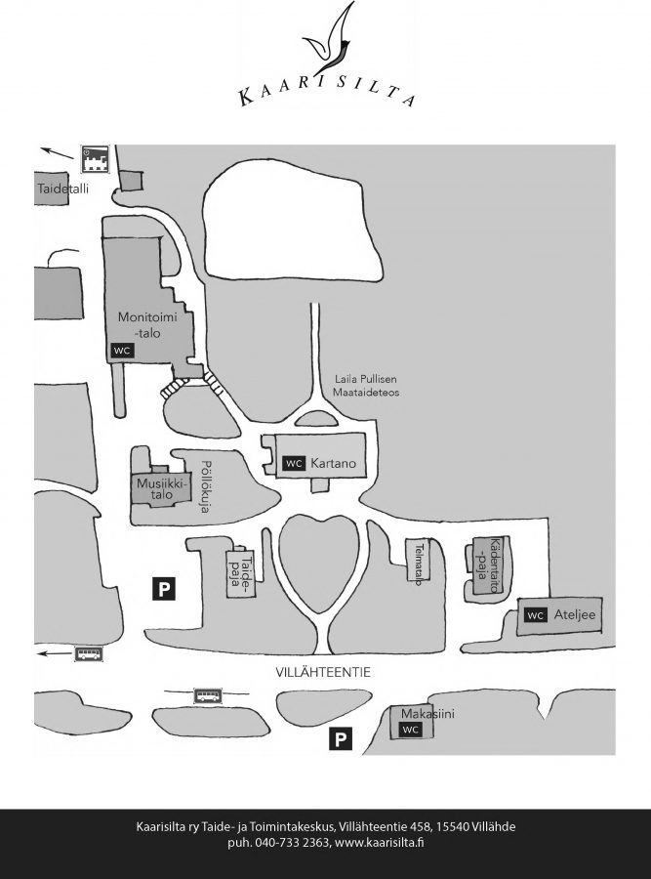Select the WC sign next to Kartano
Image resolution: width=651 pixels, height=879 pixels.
(294, 463)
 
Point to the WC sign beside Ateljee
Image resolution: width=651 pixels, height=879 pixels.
(535, 615)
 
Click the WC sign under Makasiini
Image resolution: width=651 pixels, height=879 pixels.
(411, 730)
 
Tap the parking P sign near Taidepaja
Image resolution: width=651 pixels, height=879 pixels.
(163, 587)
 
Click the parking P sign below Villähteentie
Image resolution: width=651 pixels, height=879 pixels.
(339, 739)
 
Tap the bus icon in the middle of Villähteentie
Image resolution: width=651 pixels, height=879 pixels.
(208, 695)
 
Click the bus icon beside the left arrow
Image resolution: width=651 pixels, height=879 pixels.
(89, 653)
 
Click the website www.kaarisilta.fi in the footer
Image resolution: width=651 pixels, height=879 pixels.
(378, 842)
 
